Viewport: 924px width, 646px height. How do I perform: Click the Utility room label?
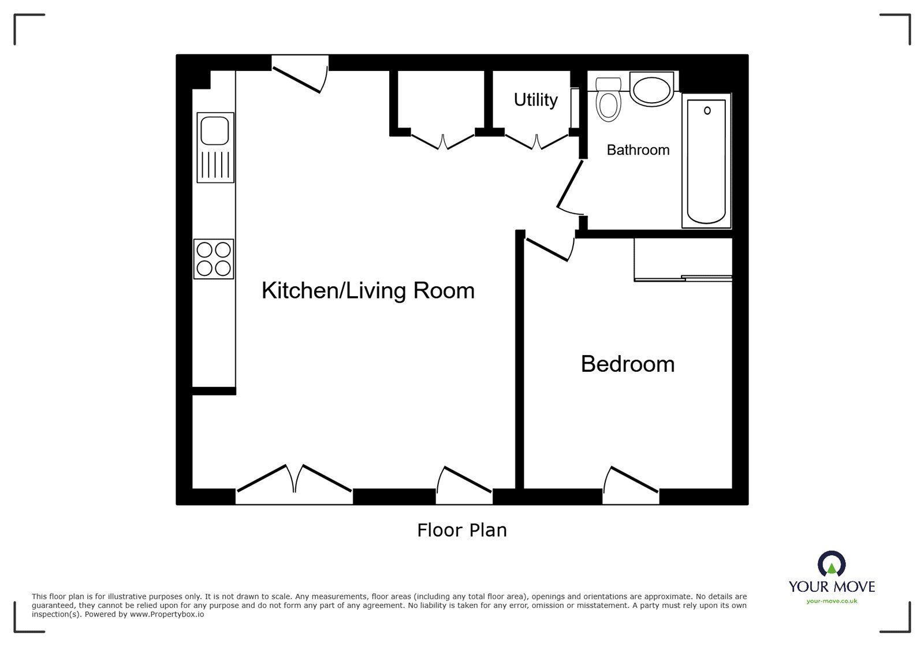[535, 100]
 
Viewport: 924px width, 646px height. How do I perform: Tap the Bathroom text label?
[638, 150]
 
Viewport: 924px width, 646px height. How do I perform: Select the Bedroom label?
[627, 364]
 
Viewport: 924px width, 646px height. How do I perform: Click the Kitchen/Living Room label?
[368, 290]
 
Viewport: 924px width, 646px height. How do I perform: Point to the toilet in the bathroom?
[608, 101]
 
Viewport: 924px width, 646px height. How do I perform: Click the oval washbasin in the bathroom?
[651, 90]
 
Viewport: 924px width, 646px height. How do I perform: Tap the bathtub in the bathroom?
[706, 160]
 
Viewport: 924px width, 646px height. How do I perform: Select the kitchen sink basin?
[215, 130]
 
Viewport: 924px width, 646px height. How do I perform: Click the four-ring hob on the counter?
[214, 259]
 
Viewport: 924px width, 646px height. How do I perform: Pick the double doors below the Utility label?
[537, 140]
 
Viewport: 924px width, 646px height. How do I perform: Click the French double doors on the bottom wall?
[294, 480]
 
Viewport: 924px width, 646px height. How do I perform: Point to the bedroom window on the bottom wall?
[631, 483]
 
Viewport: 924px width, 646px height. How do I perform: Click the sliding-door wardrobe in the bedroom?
[683, 260]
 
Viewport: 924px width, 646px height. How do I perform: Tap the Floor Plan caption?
[461, 530]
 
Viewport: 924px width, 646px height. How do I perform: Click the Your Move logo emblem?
[832, 564]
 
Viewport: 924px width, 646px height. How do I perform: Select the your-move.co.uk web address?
[832, 601]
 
